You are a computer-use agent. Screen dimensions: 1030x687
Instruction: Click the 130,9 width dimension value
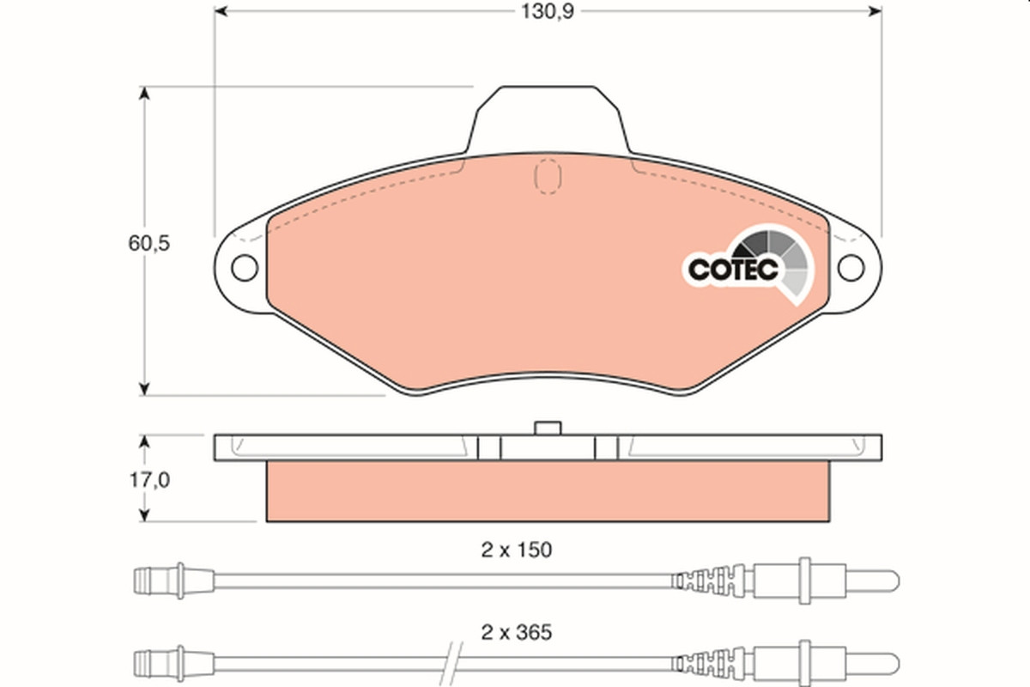click(x=548, y=11)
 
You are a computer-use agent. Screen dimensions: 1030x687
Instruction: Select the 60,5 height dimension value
click(x=149, y=243)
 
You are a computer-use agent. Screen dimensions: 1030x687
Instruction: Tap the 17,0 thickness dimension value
click(x=149, y=480)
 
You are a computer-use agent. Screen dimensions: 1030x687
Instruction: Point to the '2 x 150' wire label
click(x=517, y=550)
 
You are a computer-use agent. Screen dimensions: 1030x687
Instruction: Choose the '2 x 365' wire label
click(x=517, y=633)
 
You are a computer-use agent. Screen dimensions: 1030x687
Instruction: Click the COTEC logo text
click(x=733, y=271)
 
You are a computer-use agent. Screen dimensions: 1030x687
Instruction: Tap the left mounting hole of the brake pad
click(x=245, y=268)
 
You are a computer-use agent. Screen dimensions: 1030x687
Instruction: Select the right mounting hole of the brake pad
click(x=851, y=268)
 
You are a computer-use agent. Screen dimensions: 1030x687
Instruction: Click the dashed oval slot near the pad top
click(x=548, y=176)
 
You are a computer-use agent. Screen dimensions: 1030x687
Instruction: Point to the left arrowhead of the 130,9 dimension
click(x=221, y=11)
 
